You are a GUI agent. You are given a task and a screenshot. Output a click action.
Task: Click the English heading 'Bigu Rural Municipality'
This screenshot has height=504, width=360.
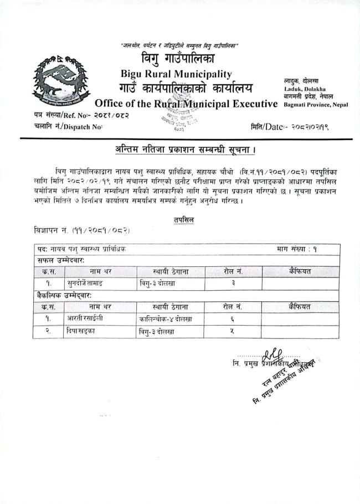[177, 74]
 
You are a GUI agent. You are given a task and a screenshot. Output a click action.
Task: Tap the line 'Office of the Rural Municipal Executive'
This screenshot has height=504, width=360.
[186, 104]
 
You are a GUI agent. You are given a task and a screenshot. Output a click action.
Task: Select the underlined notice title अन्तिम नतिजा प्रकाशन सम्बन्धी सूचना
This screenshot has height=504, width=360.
[186, 150]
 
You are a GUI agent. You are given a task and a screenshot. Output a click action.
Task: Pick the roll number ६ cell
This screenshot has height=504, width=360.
[233, 318]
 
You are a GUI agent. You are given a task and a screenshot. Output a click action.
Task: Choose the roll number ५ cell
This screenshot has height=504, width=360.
[233, 331]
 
